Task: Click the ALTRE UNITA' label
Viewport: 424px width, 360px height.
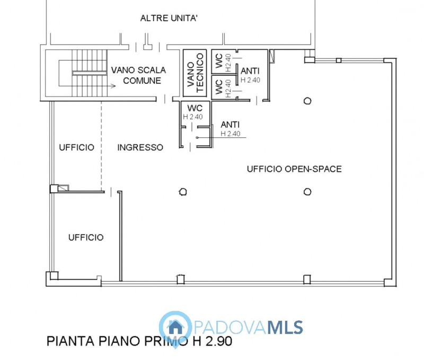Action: pyautogui.click(x=169, y=19)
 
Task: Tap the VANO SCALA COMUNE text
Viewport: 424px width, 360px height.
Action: pyautogui.click(x=138, y=75)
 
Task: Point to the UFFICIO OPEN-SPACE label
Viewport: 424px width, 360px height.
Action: pyautogui.click(x=294, y=169)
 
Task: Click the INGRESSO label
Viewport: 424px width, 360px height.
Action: pyautogui.click(x=140, y=147)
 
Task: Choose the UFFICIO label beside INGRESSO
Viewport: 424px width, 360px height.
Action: pyautogui.click(x=76, y=147)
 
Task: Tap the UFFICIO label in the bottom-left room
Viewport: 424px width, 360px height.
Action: pyautogui.click(x=86, y=238)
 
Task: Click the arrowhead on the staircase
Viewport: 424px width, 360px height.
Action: pyautogui.click(x=113, y=85)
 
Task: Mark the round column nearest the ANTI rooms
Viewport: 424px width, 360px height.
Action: pyautogui.click(x=307, y=100)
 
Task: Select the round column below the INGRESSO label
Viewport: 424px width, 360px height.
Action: pyautogui.click(x=183, y=191)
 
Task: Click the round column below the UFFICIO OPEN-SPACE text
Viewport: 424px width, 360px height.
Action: pyautogui.click(x=307, y=191)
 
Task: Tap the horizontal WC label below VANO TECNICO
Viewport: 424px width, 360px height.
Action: pyautogui.click(x=195, y=109)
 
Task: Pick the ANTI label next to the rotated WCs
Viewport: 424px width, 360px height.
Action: pyautogui.click(x=250, y=71)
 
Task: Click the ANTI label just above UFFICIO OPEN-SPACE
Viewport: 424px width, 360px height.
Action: pyautogui.click(x=231, y=125)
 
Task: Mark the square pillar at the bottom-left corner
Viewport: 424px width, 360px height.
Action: pyautogui.click(x=52, y=276)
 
